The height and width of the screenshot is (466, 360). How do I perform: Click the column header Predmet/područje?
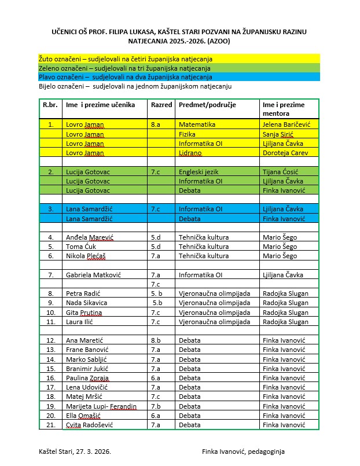coord(203,105)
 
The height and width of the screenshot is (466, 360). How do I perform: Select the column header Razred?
coord(161,105)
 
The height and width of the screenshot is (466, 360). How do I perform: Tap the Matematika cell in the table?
coord(197,124)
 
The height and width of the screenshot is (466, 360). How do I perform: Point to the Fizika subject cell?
coord(188,134)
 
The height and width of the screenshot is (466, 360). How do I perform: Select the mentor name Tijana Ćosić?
coord(284,171)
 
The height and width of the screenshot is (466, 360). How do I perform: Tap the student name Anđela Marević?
coord(90,237)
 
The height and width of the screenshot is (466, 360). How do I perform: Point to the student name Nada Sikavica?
coord(86,302)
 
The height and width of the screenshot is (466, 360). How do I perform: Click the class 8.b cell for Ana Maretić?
coord(156,340)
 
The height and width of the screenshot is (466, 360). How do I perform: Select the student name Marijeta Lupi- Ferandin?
coord(101,406)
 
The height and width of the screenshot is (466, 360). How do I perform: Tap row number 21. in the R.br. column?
coord(50,424)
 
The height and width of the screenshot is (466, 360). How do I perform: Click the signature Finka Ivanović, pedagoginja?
coord(243,451)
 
